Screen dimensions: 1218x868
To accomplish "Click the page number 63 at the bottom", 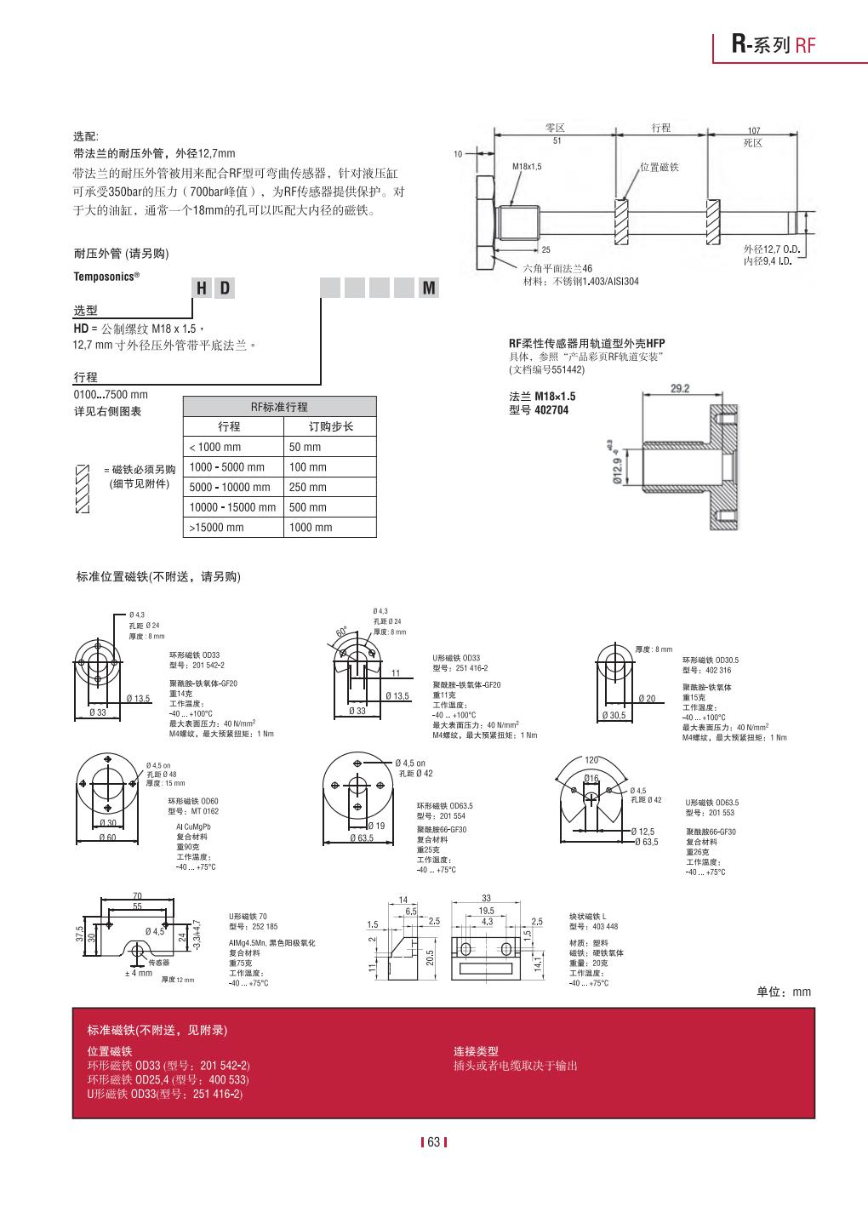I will [433, 1141].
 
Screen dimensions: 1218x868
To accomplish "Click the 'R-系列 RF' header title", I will [773, 45].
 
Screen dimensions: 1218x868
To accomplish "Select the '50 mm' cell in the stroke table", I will [306, 447].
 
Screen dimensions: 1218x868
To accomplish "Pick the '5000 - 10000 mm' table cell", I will [230, 487].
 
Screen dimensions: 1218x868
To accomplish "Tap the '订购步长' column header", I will [330, 426].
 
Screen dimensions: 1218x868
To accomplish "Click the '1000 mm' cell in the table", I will [311, 528].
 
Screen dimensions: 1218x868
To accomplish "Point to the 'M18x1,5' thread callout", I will [527, 166].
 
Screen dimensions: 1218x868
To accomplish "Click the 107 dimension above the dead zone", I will [753, 131].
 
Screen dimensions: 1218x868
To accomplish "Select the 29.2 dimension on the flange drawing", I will [680, 389].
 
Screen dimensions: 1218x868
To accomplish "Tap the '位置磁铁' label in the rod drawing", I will [660, 168].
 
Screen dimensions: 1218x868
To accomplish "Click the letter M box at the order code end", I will [430, 289].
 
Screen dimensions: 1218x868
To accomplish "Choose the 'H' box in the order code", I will [202, 289].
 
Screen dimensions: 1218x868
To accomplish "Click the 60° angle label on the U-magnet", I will [341, 632].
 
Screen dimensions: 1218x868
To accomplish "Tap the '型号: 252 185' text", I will [253, 926].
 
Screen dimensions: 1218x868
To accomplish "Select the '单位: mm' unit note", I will [784, 992].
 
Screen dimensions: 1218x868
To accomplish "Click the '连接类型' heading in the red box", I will [476, 1051].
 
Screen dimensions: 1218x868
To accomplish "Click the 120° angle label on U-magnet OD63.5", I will [591, 760].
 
